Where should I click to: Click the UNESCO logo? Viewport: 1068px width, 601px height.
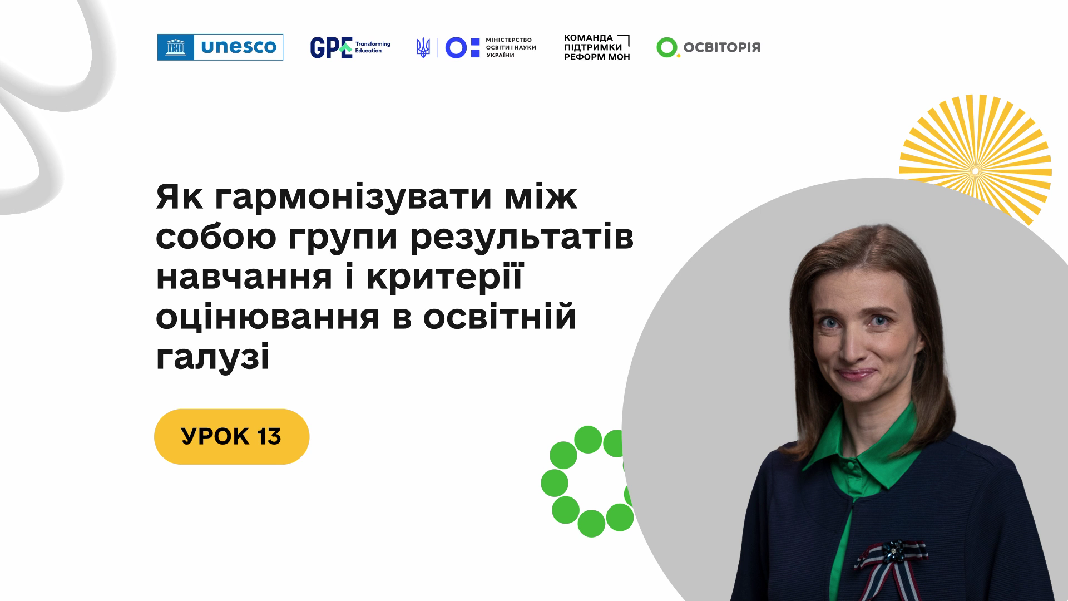pos(220,47)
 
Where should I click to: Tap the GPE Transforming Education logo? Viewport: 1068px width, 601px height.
pos(350,47)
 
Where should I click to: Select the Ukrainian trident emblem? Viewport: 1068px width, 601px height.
pos(423,47)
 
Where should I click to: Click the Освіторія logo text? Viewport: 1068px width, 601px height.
pos(721,47)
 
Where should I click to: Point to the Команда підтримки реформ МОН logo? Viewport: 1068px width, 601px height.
pos(597,47)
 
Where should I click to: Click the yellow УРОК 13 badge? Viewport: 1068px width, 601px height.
pos(231,437)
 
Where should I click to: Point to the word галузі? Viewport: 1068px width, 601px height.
pos(212,358)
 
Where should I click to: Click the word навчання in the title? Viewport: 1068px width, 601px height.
pos(244,278)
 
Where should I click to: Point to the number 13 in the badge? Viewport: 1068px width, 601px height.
pos(269,437)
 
